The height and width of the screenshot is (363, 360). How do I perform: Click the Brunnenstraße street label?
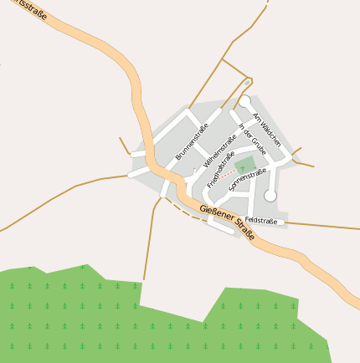pyautogui.click(x=191, y=142)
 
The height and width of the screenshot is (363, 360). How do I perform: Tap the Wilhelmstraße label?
pyautogui.click(x=219, y=147)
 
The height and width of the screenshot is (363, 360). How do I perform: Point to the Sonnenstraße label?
pyautogui.click(x=248, y=177)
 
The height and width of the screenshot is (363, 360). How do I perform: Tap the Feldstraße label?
pyautogui.click(x=260, y=220)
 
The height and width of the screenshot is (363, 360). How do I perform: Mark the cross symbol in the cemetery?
pyautogui.click(x=242, y=166)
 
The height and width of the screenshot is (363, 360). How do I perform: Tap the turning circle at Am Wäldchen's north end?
pyautogui.click(x=244, y=100)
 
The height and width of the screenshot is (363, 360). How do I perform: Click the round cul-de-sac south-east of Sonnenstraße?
pyautogui.click(x=270, y=195)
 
